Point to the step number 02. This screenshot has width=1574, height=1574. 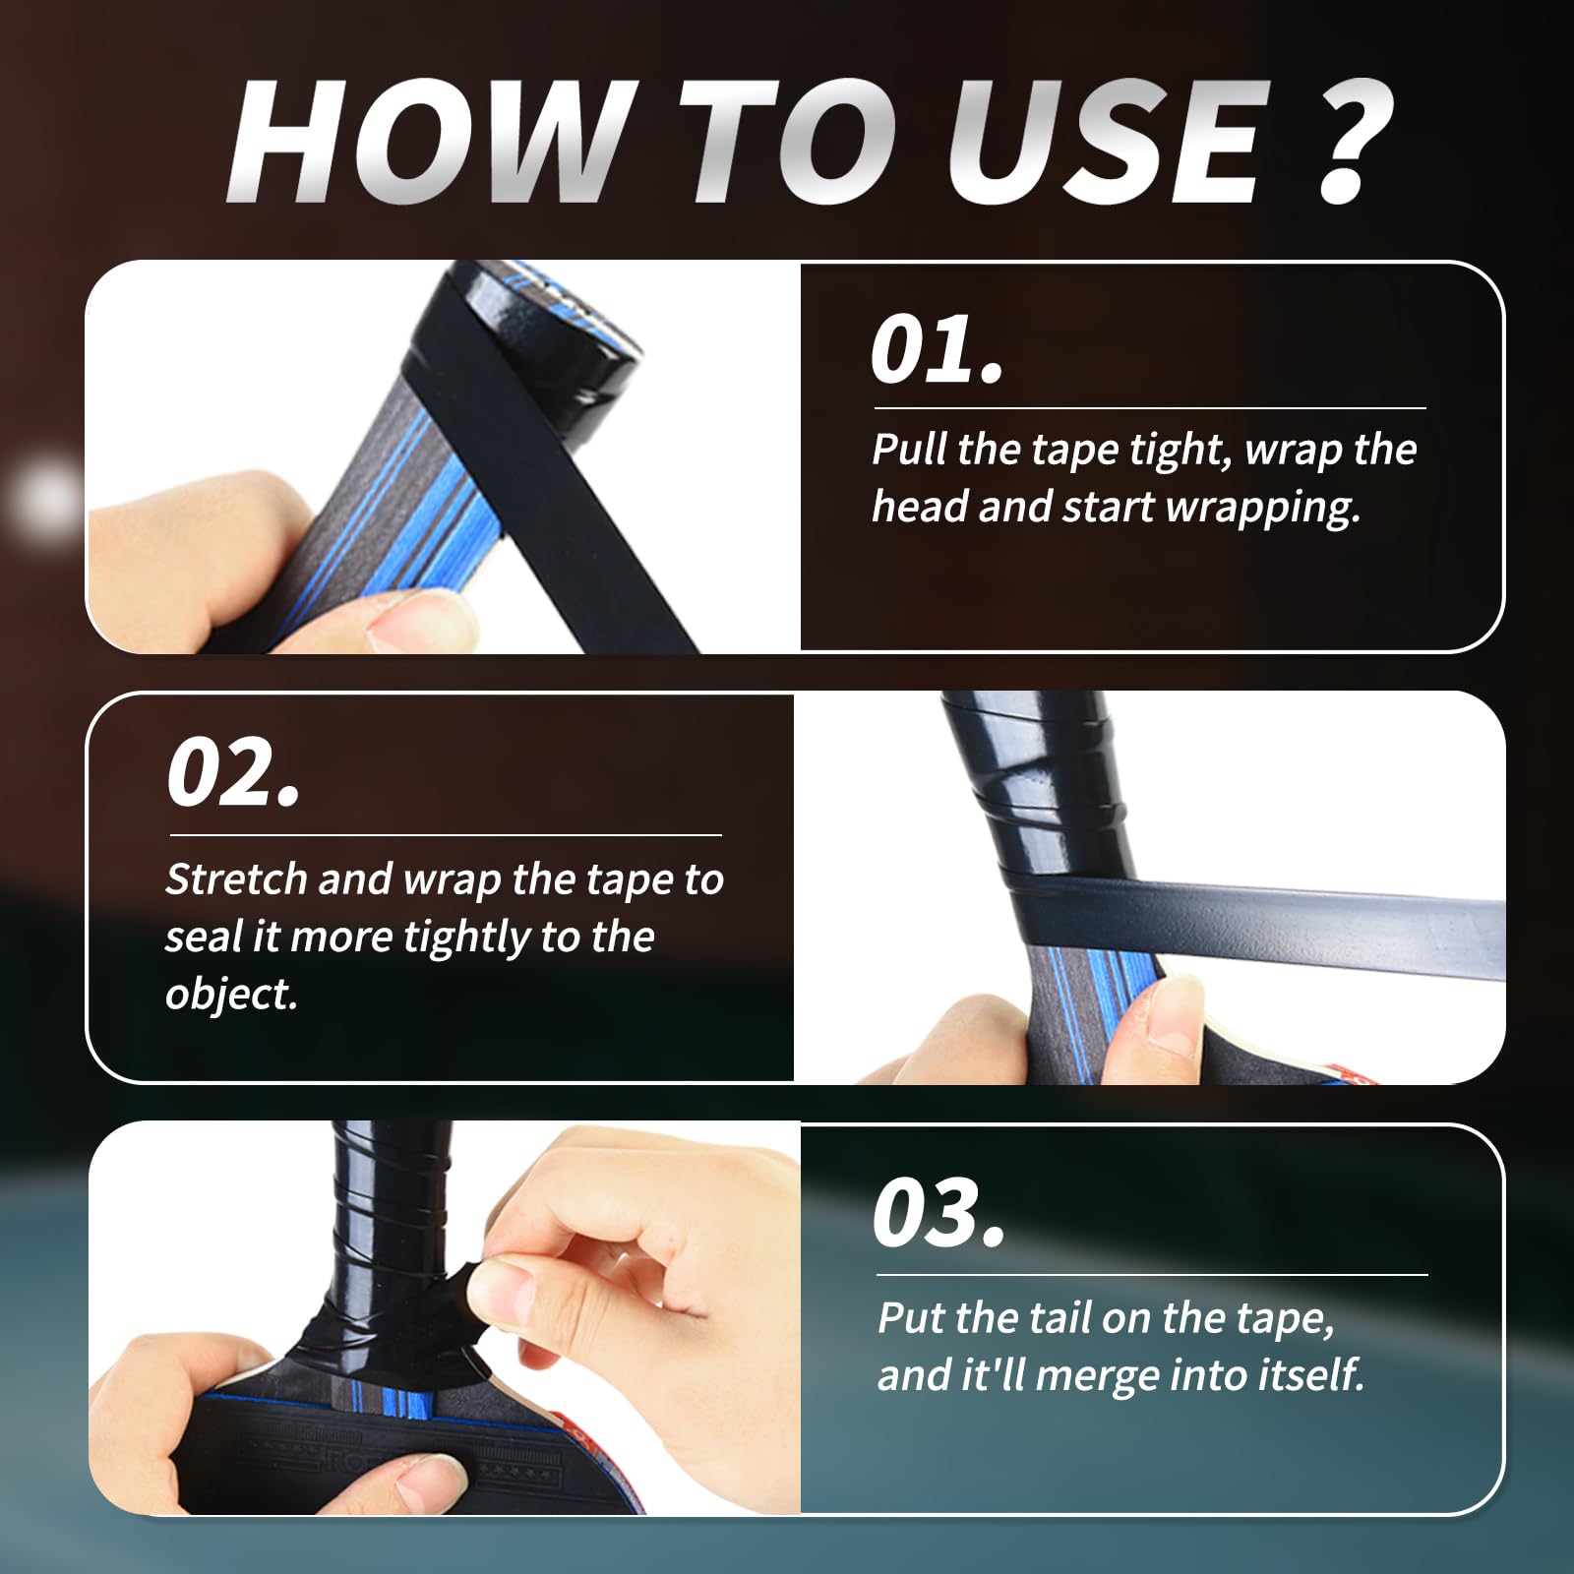click(x=232, y=774)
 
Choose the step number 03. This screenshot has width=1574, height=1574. click(x=938, y=1213)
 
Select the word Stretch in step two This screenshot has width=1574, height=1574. click(x=235, y=878)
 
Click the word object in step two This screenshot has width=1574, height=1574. click(x=230, y=994)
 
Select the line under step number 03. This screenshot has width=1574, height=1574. click(x=1151, y=1274)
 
